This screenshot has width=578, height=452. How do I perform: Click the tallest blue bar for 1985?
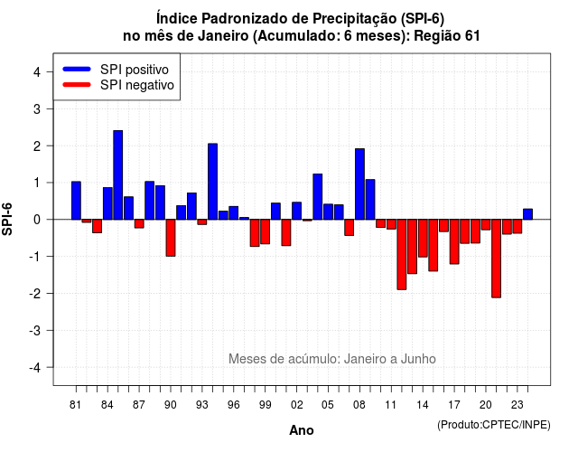[118, 174]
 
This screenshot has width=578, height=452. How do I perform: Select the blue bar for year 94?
[213, 182]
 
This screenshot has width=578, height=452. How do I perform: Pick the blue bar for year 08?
[359, 184]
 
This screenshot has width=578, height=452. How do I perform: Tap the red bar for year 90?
[171, 238]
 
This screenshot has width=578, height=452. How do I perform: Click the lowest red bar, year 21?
[496, 259]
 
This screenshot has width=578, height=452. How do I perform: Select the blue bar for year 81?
[76, 201]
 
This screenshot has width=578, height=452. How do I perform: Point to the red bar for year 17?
[454, 241]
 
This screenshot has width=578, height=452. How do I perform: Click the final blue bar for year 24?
[527, 214]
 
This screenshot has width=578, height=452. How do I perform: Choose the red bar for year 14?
[423, 238]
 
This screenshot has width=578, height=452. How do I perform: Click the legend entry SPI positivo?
[135, 70]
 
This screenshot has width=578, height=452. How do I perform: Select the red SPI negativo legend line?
[77, 85]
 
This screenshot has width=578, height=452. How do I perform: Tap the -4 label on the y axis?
[36, 368]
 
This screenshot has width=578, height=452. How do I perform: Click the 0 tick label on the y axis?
[37, 220]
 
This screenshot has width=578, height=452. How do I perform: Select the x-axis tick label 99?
[265, 405]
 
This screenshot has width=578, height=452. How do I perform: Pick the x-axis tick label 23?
[517, 405]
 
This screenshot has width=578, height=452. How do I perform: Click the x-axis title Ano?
[302, 430]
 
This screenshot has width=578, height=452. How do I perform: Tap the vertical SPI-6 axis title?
[7, 219]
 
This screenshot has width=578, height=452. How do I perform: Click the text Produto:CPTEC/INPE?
[494, 425]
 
